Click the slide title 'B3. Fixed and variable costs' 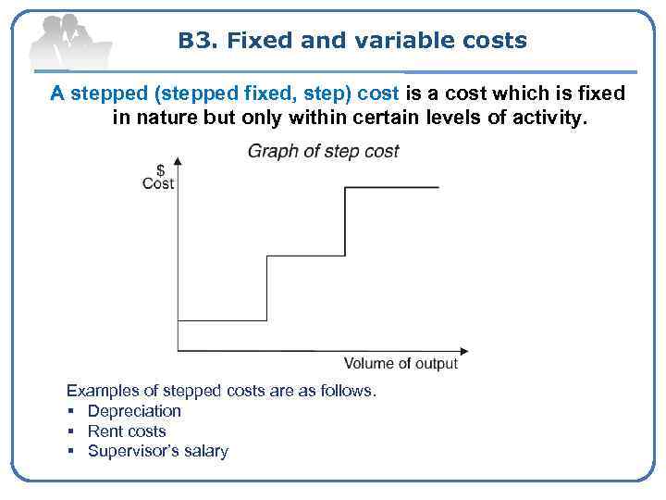352,41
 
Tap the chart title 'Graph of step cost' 323,151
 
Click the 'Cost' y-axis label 158,183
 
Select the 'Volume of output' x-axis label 401,363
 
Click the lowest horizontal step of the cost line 222,321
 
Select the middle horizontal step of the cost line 305,256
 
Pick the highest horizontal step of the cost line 391,188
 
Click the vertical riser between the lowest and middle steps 267,289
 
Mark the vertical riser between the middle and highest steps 344,222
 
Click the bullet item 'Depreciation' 134,411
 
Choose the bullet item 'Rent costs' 127,431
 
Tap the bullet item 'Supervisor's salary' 157,452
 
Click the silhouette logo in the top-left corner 69,42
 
